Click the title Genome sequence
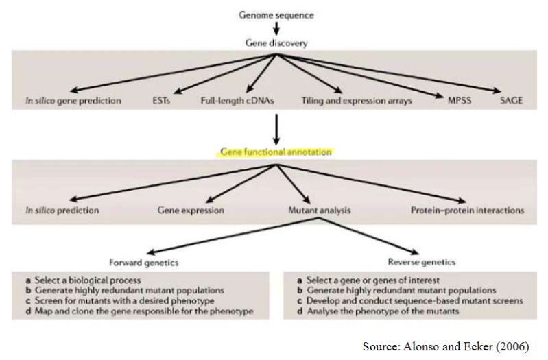[x=276, y=14]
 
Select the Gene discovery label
[x=276, y=42]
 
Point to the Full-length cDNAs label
[x=236, y=101]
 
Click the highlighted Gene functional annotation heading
[x=276, y=152]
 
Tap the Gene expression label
[x=191, y=211]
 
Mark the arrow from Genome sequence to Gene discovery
[x=276, y=28]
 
